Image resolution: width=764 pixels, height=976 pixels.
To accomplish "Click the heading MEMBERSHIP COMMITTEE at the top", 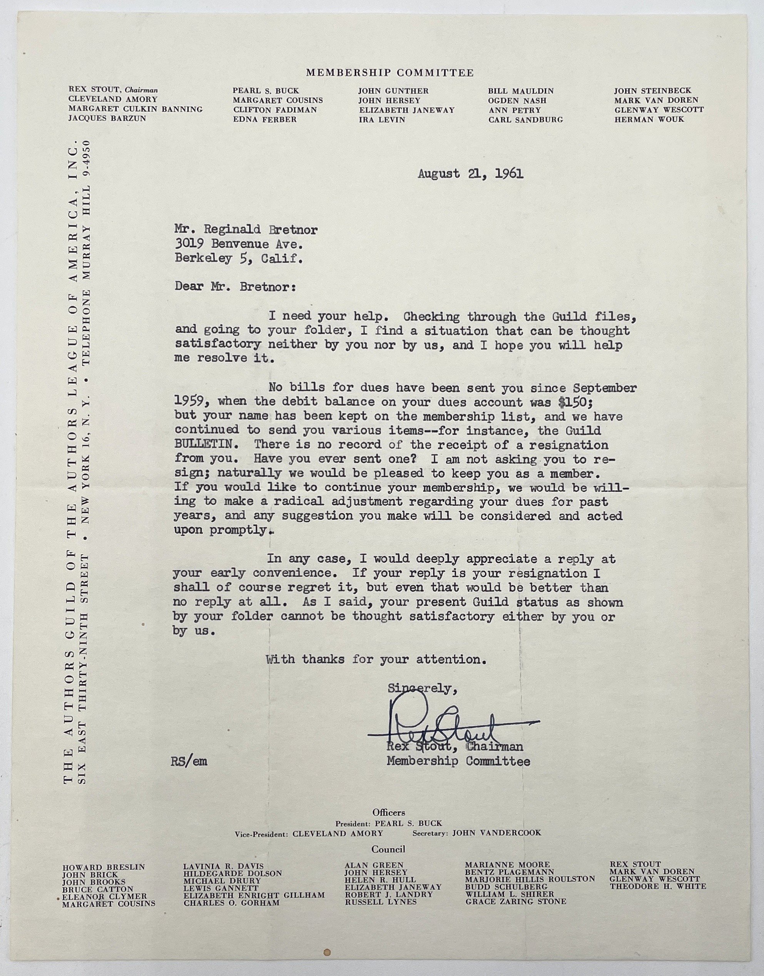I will tap(390, 73).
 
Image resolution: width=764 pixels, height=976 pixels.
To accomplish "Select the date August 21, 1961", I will tap(471, 174).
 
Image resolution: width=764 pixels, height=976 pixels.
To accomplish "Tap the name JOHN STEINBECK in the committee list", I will tap(653, 91).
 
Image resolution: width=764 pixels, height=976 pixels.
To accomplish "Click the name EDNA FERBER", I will tap(264, 120).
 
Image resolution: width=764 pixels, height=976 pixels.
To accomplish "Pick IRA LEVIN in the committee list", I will tap(381, 120).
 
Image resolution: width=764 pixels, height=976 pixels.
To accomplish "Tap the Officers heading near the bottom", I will tap(389, 812).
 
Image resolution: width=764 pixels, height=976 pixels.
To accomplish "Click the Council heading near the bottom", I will tap(388, 849).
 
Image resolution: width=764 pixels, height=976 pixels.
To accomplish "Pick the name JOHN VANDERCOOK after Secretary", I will tap(496, 833).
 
